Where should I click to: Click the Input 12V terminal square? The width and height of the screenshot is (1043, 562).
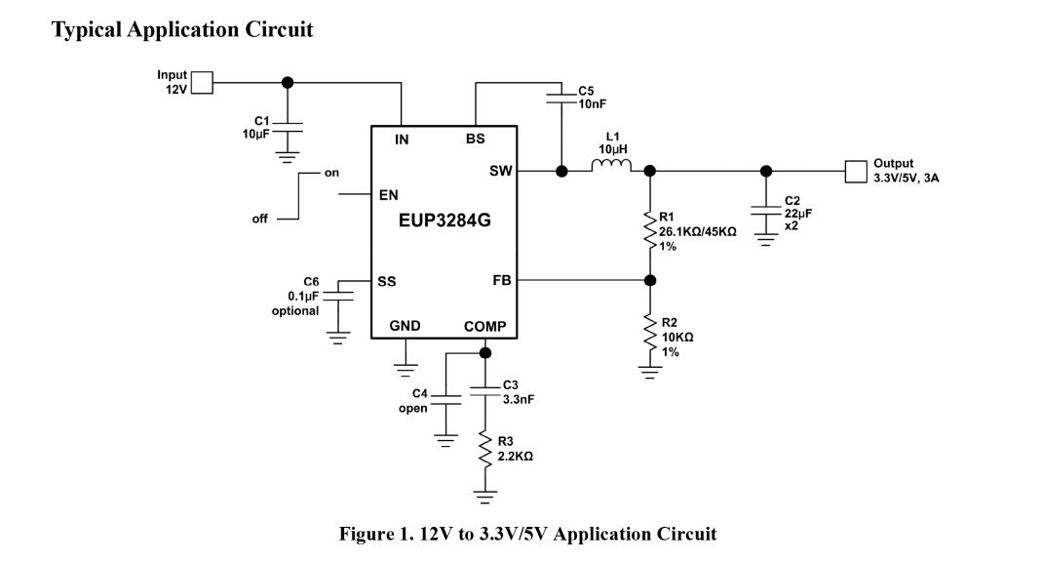(202, 83)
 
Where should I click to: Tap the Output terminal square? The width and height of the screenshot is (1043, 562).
(854, 172)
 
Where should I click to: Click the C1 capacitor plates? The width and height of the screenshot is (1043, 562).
(288, 127)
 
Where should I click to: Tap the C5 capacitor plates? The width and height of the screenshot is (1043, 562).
(561, 95)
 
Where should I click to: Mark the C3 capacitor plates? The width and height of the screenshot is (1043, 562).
(483, 390)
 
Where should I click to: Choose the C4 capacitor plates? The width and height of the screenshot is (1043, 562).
(445, 399)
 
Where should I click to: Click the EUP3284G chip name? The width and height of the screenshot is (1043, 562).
(444, 221)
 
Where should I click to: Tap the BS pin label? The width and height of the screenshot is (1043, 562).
(475, 140)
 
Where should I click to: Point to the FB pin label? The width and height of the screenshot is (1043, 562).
(502, 280)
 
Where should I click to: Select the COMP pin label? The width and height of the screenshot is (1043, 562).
(484, 327)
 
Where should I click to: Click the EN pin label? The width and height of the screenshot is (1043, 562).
(388, 195)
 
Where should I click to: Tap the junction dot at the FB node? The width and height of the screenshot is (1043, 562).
(650, 281)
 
